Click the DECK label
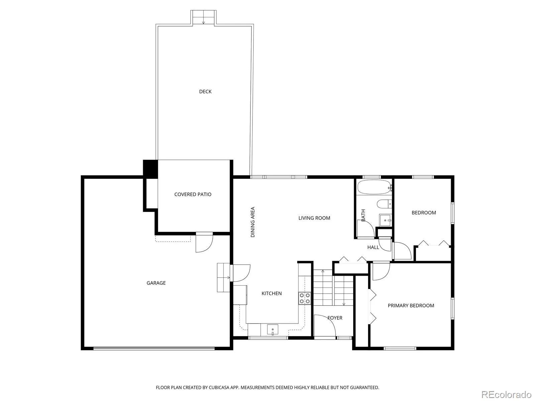point(205,92)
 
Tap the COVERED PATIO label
point(193,194)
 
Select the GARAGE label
point(156,283)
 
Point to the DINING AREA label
point(253,222)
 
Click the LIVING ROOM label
point(314,218)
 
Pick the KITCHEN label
point(272,293)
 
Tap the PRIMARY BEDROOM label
point(411,305)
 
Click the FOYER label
point(335,318)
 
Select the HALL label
point(373,247)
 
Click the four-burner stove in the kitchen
point(305,298)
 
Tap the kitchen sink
point(273,330)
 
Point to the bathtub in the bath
point(374,187)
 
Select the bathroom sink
point(385,220)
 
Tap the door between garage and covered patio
point(204,242)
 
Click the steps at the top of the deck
point(203,17)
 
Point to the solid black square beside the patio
point(150,169)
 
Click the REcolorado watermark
point(507,394)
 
